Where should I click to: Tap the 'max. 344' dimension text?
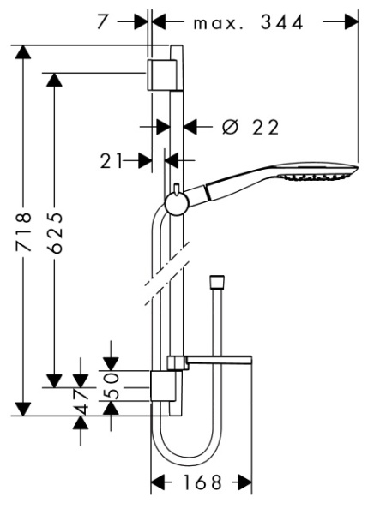tap(248, 22)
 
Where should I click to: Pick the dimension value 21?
tap(112, 159)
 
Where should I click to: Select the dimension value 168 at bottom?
tap(201, 484)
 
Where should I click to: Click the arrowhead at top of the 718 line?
tap(26, 53)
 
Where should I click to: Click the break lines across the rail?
tap(163, 285)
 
